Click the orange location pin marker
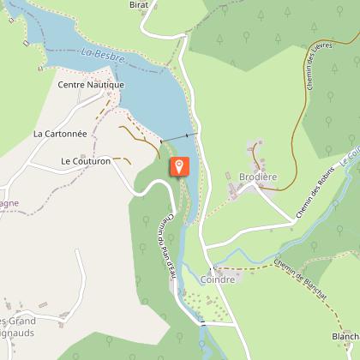pyautogui.click(x=179, y=166)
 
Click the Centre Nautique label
pyautogui.click(x=91, y=85)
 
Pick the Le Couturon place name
pyautogui.click(x=87, y=160)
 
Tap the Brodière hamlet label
pyautogui.click(x=258, y=177)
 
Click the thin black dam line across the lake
pyautogui.click(x=178, y=137)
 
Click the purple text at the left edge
pyautogui.click(x=9, y=204)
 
